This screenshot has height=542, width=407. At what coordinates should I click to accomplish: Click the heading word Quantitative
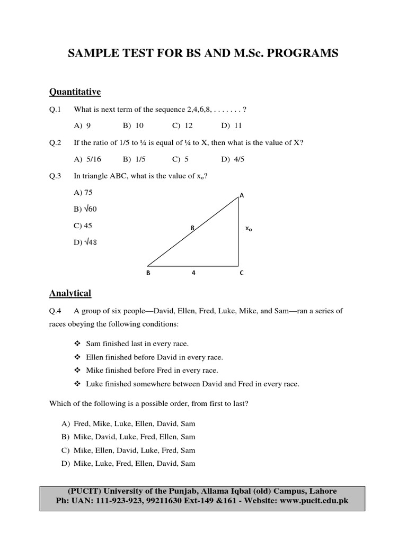point(75,92)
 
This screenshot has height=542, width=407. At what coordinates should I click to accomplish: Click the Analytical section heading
point(70,293)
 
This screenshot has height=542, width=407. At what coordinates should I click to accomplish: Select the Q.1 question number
point(56,110)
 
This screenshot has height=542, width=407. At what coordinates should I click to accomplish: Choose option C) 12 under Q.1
point(182,126)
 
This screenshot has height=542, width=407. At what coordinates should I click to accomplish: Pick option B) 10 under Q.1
point(133,126)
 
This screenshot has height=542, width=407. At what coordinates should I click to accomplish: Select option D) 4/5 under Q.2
point(233,159)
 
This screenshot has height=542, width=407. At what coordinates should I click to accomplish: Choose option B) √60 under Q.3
point(85,209)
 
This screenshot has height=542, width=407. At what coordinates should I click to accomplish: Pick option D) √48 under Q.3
point(85,242)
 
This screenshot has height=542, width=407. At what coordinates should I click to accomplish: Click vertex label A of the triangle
point(242,195)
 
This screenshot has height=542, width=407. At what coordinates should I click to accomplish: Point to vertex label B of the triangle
point(147,274)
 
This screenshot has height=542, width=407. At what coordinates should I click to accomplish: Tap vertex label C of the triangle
point(242,274)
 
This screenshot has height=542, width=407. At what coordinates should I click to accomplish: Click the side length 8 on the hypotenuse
point(192,228)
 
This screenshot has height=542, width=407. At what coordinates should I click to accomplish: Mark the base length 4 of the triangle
point(193,274)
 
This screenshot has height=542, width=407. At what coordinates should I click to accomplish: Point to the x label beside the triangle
point(248,229)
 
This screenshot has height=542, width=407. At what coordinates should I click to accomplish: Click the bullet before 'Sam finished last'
point(77,344)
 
